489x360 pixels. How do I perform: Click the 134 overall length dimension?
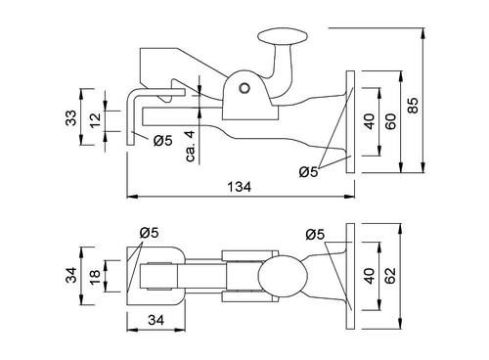click(240, 187)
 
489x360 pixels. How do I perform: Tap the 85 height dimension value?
click(414, 105)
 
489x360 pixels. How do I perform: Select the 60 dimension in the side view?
click(391, 121)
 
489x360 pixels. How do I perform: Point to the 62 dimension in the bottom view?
click(390, 276)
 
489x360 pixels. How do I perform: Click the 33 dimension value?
click(71, 117)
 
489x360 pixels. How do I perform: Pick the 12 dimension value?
click(96, 120)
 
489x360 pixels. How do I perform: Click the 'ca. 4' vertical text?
click(191, 146)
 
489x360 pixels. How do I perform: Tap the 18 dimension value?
click(96, 277)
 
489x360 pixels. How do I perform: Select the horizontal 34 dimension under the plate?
click(156, 320)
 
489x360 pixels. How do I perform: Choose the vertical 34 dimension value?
click(71, 275)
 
